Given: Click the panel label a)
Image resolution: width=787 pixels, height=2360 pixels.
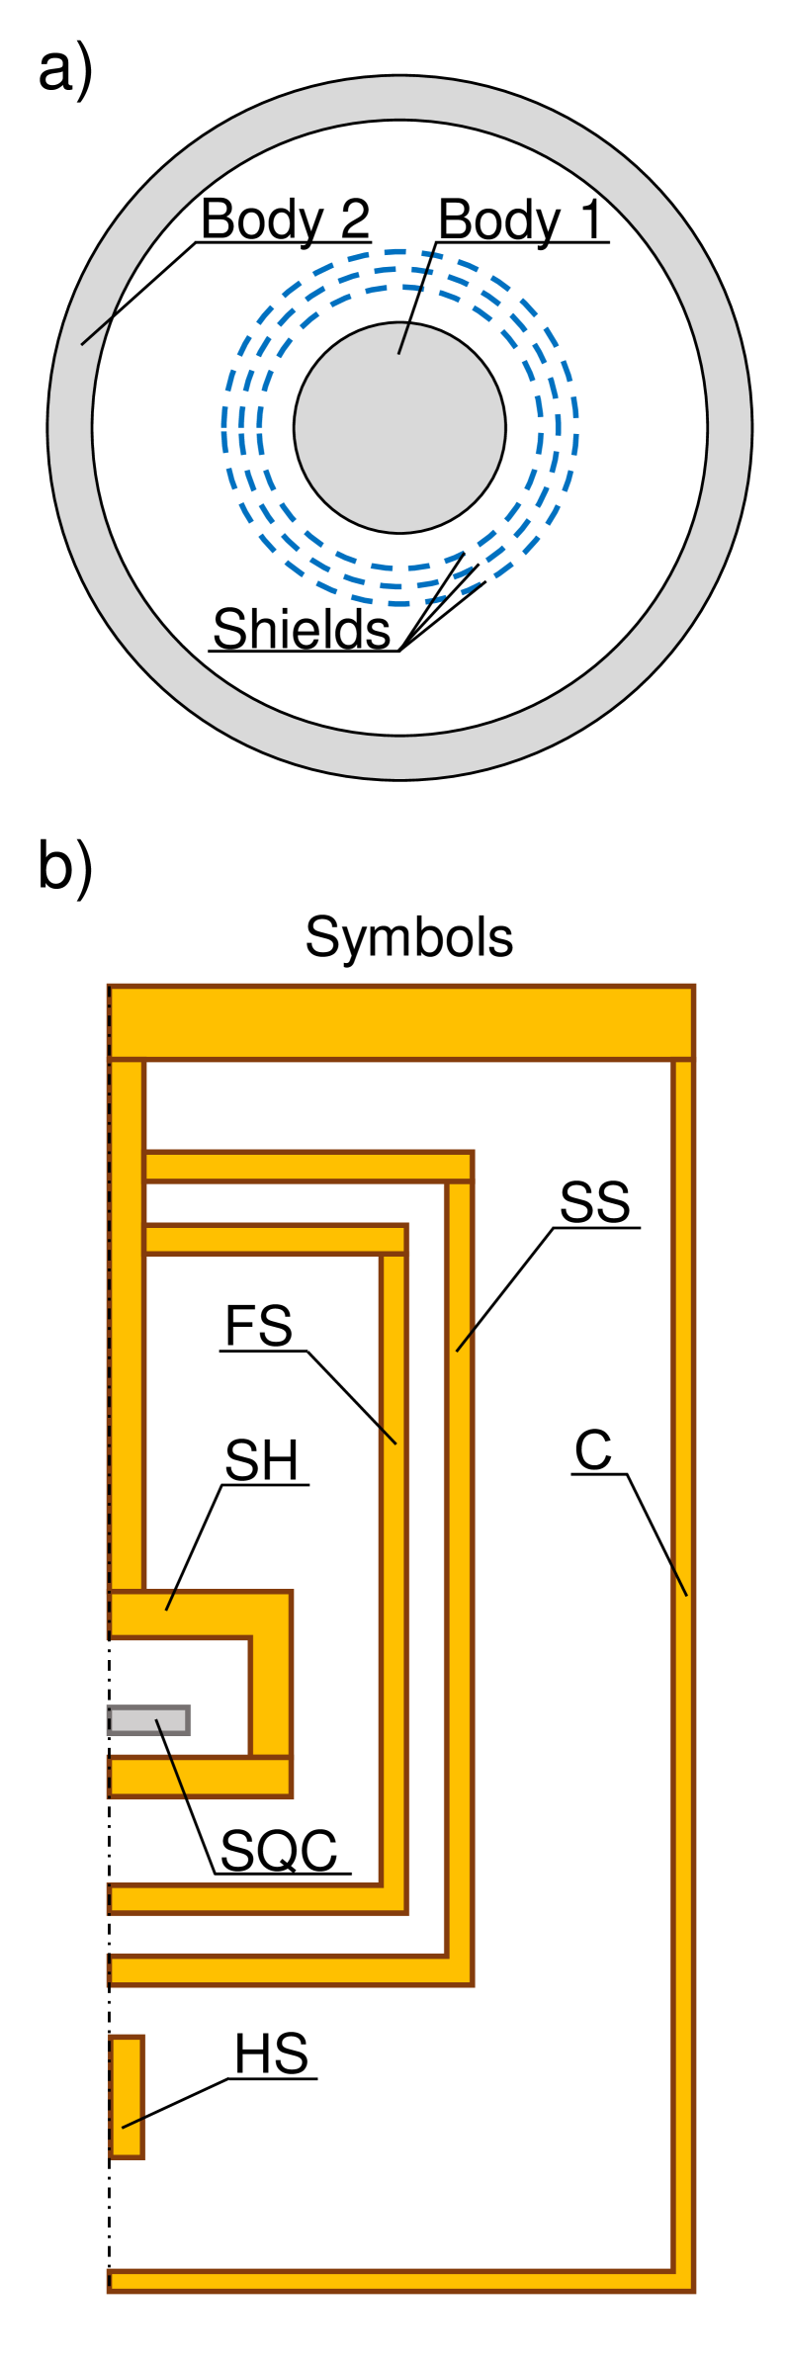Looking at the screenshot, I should point(65,72).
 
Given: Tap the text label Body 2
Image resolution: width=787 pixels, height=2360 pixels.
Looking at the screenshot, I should point(285,219).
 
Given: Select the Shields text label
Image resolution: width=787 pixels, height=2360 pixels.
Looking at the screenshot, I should point(302,630).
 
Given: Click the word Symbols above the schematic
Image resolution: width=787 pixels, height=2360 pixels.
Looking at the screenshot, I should point(408,937).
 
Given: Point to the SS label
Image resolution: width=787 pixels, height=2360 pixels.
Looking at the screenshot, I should point(594,1203).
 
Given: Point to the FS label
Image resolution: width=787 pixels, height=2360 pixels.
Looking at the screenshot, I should point(258,1327).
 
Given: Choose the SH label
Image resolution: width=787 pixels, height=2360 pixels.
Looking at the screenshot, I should point(261,1461).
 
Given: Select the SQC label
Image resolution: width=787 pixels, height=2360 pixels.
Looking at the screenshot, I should point(279,1851).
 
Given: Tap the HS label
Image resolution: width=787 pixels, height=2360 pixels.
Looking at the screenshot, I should point(271,2054).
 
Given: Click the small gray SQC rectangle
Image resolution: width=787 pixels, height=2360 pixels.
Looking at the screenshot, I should point(148,1720).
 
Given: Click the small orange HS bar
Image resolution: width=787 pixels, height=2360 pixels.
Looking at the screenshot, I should point(127,2096).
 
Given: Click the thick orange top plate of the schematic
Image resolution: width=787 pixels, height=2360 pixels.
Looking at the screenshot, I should point(400,1022).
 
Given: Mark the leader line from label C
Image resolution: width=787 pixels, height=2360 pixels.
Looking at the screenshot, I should point(657,1534).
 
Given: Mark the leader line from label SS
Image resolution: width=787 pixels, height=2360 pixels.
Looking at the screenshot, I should point(504,1289).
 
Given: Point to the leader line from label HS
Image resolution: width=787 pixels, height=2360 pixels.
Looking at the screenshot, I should point(175,2103).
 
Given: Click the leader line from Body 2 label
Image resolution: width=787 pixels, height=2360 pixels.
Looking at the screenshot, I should point(138,294).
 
